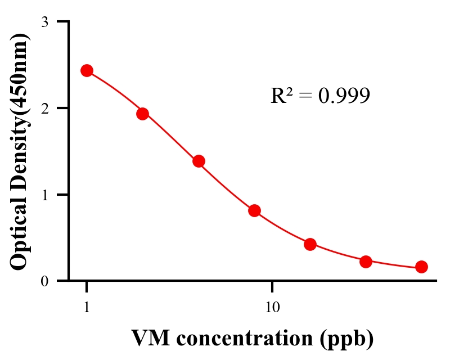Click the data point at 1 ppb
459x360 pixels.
coord(87,70)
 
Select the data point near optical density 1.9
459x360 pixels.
coord(142,114)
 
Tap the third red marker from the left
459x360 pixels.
coord(199,161)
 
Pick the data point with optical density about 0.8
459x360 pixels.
coord(254,210)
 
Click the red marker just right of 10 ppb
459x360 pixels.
coord(310,244)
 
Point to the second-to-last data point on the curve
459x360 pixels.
coord(366,262)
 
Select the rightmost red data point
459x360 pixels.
coord(421,267)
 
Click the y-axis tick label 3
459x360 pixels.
coord(44,22)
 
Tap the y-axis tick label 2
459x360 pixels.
coord(44,108)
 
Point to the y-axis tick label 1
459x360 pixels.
coord(44,195)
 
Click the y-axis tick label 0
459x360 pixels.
coord(44,281)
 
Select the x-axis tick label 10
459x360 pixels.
coord(272,308)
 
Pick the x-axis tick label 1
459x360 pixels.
coord(87,308)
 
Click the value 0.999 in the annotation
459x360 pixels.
coord(344,96)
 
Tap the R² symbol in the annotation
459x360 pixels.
coord(281,96)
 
